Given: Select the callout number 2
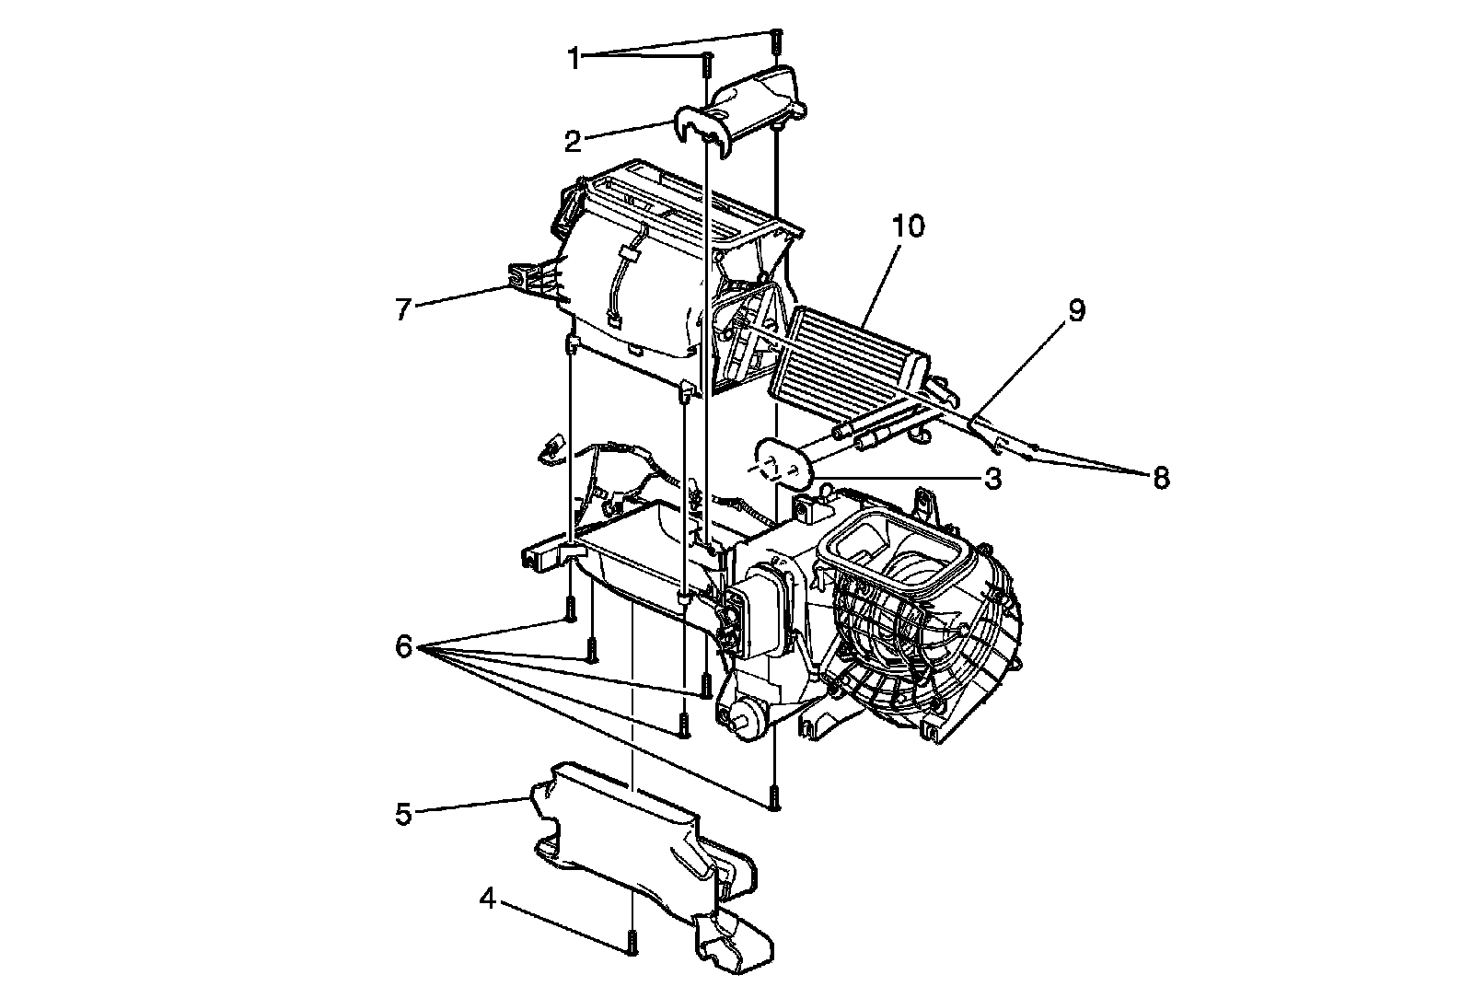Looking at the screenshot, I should coord(574,142).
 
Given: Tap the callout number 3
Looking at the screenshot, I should coord(992,480).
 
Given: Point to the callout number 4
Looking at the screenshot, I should coord(489,898).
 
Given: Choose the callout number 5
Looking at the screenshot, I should coord(402,813).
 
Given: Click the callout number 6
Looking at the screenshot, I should coord(403,647).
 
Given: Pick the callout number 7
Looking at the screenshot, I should coord(402,309).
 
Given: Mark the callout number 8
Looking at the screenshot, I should coord(1160,478).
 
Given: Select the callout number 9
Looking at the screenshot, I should coord(1076,310).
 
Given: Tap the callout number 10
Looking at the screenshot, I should coord(907,226).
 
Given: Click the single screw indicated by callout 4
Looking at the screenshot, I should coord(632,941).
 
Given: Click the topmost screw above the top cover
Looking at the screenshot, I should coord(776,41).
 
